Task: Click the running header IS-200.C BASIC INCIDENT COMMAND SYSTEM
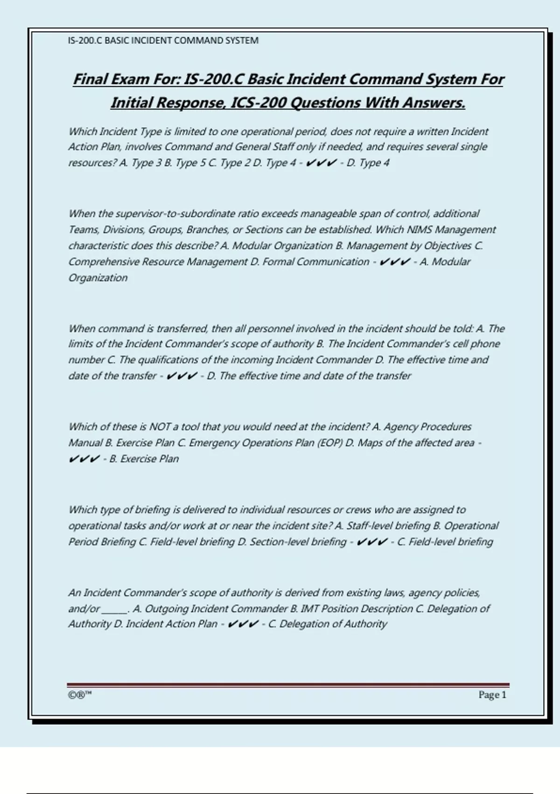coord(163,41)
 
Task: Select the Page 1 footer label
coord(492,695)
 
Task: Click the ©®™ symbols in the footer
coord(80,695)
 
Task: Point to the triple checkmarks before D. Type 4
coord(322,163)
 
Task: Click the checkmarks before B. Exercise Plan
coord(84,459)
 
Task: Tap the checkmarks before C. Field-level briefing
coord(371,542)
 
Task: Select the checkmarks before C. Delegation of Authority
coord(243,624)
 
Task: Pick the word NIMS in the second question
coord(420,230)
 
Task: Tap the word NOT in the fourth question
coord(160,427)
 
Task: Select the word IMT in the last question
coord(310,609)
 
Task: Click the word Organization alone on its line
coord(98,278)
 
